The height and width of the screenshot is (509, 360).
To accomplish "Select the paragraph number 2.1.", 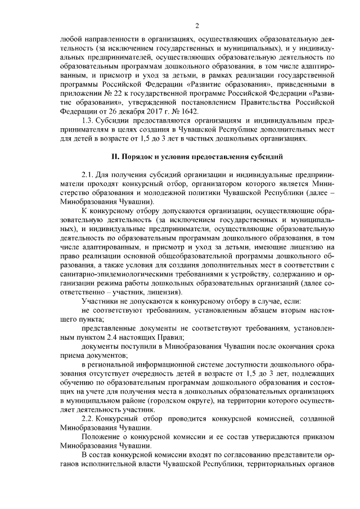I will point(88,174).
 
